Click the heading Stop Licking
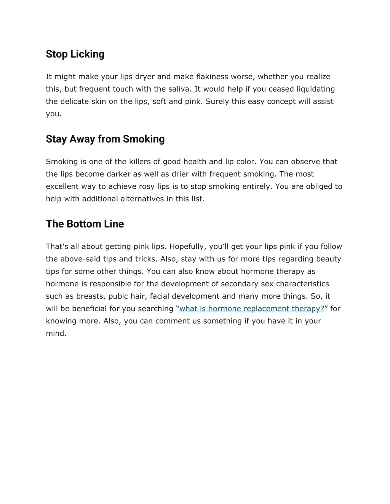75,54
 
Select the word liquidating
316,89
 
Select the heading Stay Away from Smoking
105,139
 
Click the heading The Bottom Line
85,224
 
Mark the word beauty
329,259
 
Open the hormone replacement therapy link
251,309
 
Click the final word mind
56,334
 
